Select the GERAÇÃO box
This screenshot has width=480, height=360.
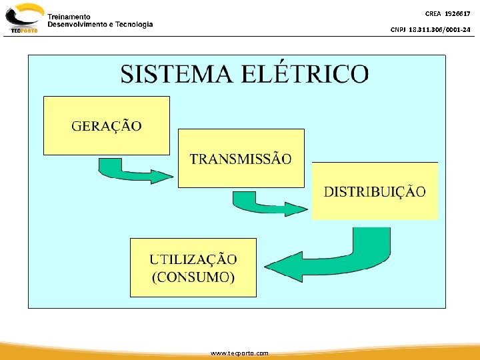pyautogui.click(x=107, y=125)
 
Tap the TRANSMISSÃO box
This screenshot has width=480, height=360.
pyautogui.click(x=241, y=159)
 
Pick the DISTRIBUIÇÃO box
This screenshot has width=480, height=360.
pyautogui.click(x=375, y=191)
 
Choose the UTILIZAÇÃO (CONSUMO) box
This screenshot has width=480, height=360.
pyautogui.click(x=193, y=267)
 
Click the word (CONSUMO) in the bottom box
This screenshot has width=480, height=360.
pyautogui.click(x=193, y=277)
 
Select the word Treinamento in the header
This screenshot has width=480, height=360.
pyautogui.click(x=69, y=16)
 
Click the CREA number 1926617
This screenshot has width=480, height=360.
pyautogui.click(x=457, y=14)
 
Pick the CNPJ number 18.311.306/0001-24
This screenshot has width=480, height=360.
pyautogui.click(x=441, y=29)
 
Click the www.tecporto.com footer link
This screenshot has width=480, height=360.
pyautogui.click(x=239, y=353)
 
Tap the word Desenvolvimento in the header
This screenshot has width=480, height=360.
pyautogui.click(x=77, y=24)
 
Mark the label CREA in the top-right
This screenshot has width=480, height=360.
pyautogui.click(x=433, y=14)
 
